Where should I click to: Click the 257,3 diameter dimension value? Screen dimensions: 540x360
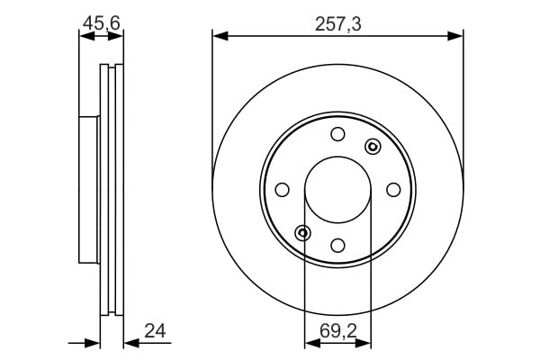point(337,24)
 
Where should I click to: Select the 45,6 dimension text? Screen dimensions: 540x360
point(101,23)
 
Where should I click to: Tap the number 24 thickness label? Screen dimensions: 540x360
point(155,330)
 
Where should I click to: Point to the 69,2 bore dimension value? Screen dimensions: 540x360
point(337,331)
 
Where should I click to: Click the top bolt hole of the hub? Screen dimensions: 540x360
point(337,134)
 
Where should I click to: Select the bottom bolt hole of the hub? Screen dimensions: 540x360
point(337,246)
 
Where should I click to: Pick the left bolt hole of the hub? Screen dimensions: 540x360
point(282,190)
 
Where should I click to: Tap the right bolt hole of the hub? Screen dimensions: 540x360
point(393,190)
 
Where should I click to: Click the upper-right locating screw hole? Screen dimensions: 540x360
point(373,147)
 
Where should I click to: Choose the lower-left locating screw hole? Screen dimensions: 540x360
point(302,233)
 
